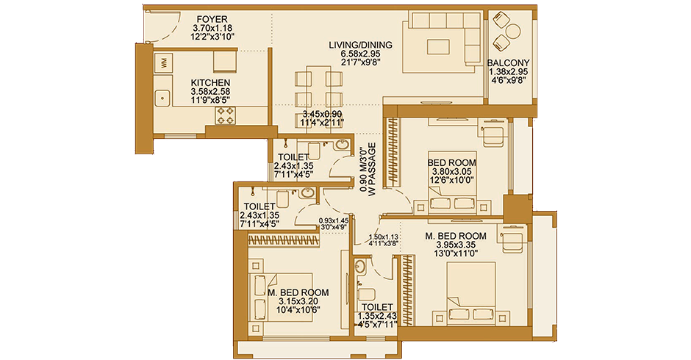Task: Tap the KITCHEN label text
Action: click(210, 82)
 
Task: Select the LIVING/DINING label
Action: click(360, 45)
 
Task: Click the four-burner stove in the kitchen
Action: click(225, 115)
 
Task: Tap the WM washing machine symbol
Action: click(163, 62)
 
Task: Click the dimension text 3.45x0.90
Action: click(323, 115)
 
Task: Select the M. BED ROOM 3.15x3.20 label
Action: click(298, 292)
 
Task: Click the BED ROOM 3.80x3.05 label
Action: click(452, 162)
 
